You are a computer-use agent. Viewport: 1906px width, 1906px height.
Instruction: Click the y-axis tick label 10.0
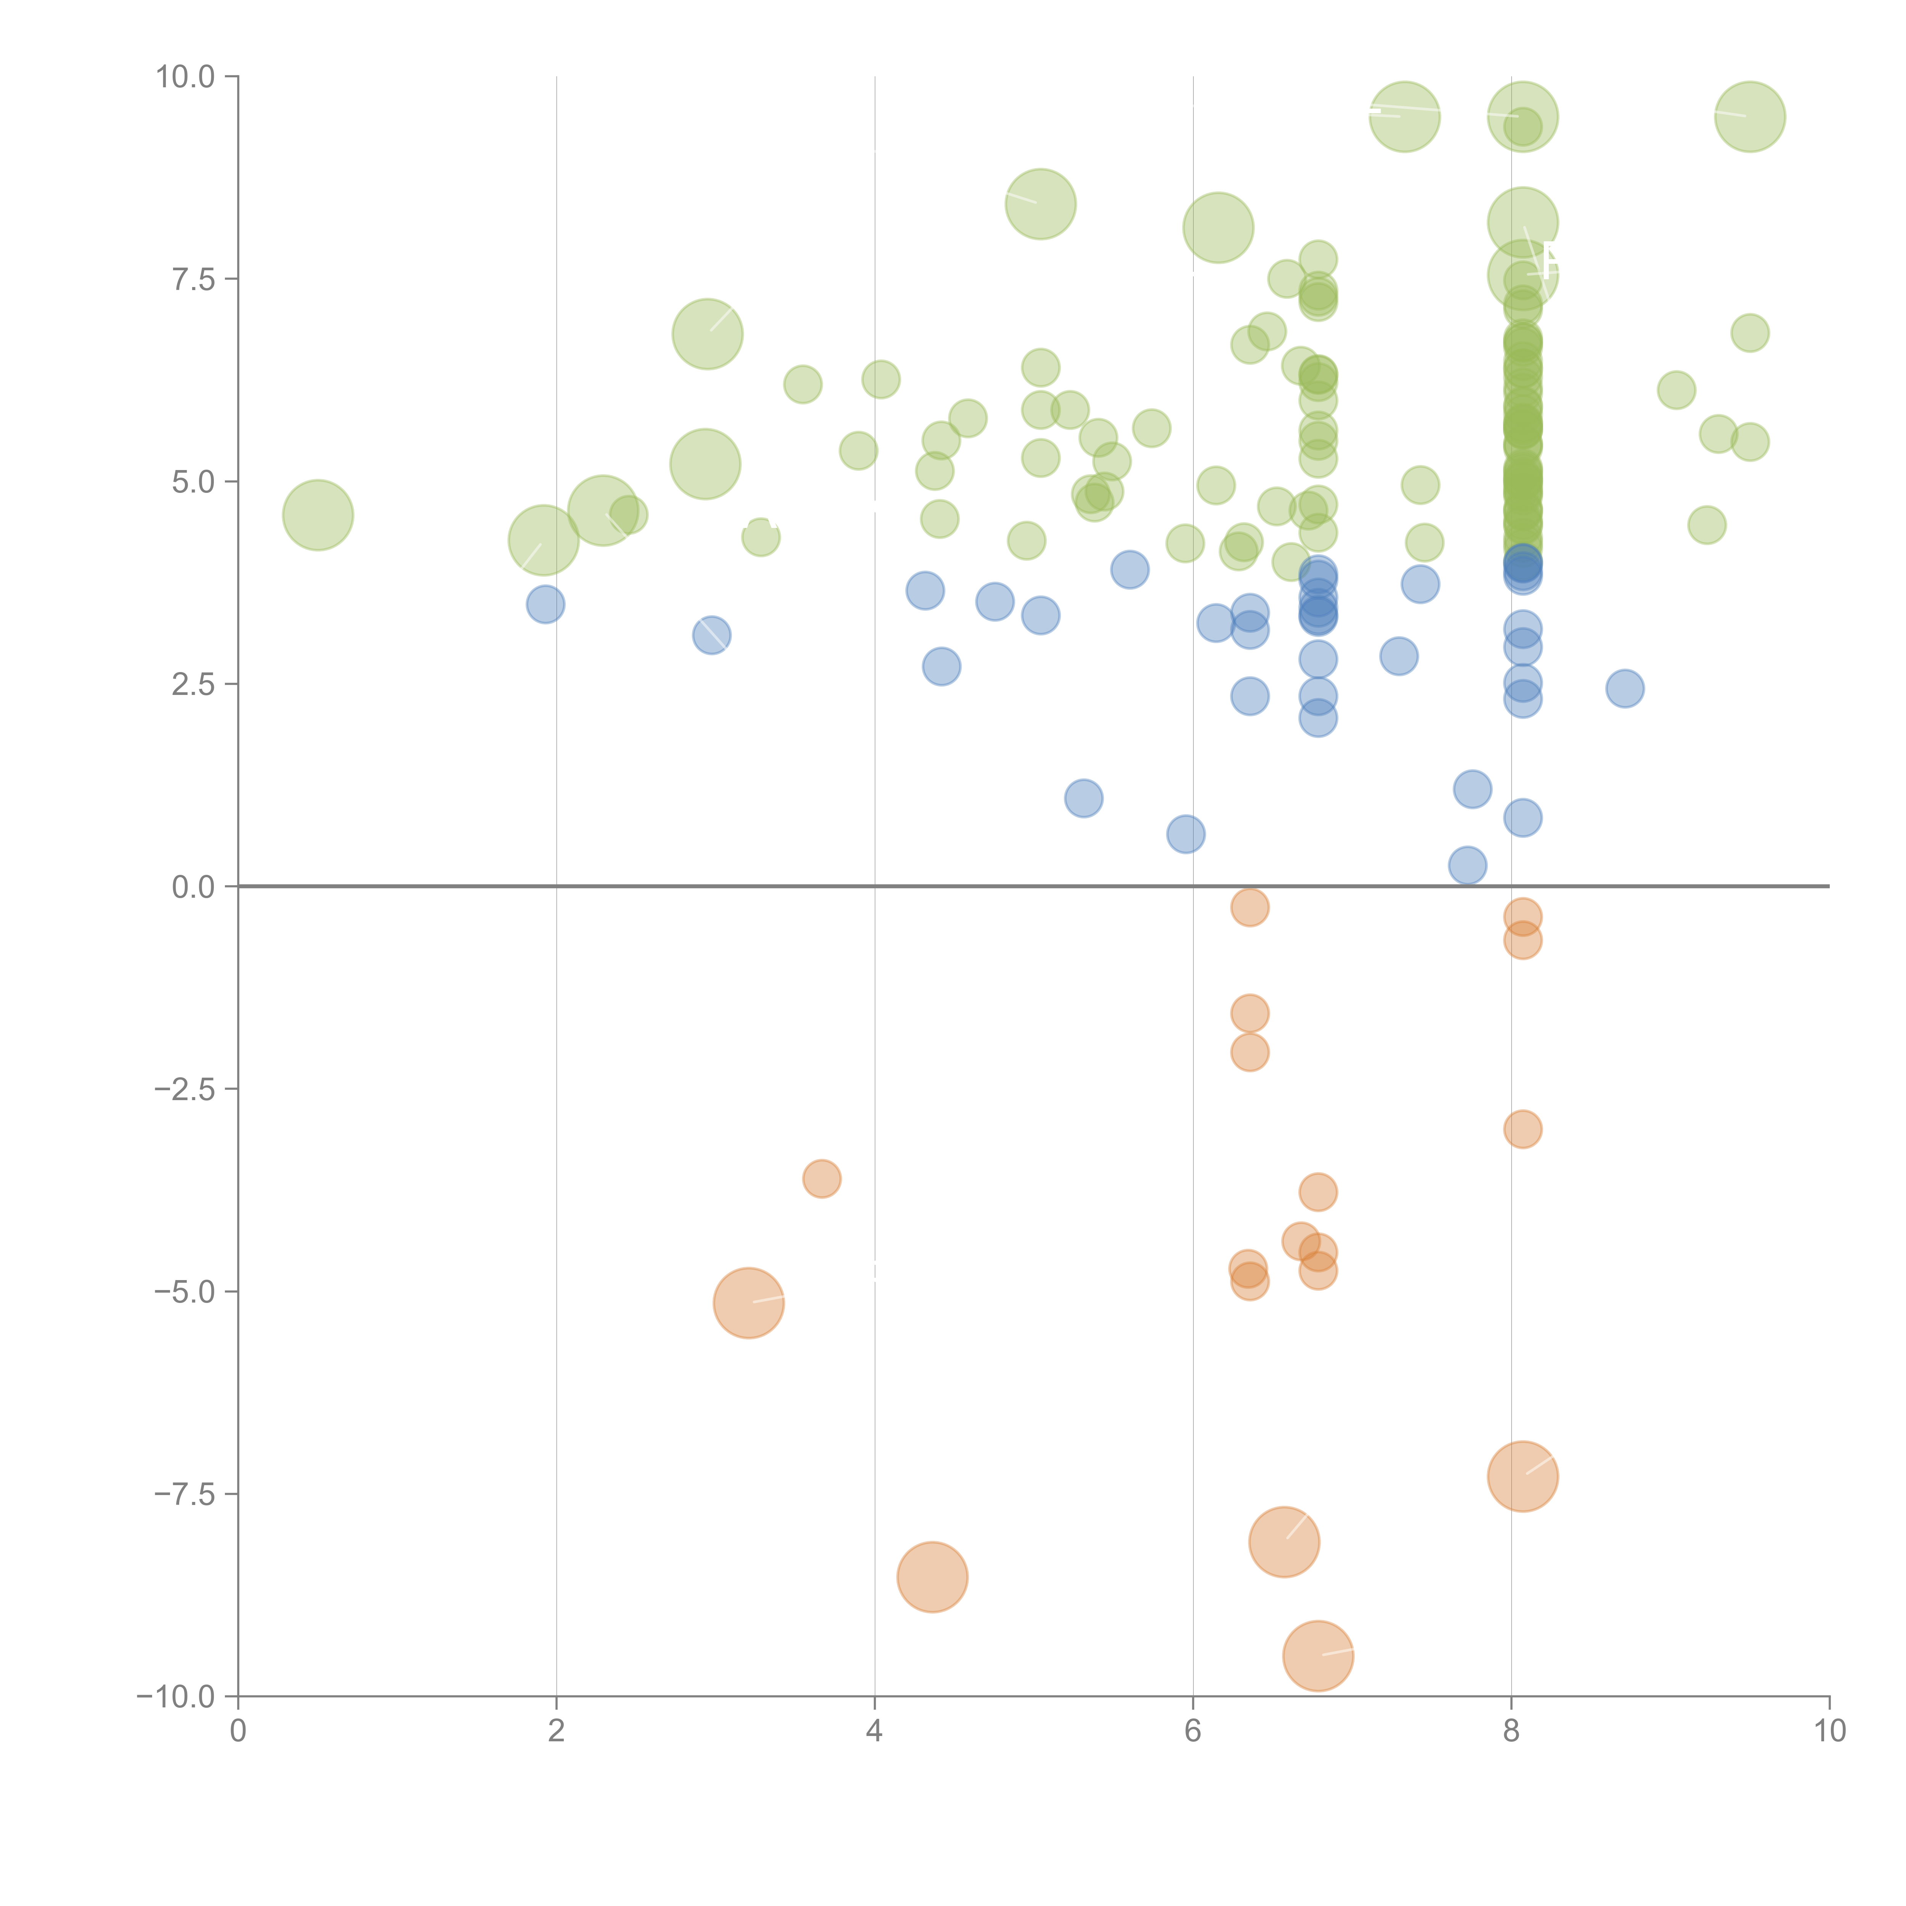point(186,77)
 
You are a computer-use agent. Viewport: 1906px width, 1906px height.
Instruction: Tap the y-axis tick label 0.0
point(193,887)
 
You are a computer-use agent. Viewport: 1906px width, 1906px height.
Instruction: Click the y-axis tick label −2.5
point(186,1089)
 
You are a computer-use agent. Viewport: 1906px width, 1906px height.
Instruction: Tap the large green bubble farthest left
point(318,515)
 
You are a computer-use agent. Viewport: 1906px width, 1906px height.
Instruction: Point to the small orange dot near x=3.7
point(822,1178)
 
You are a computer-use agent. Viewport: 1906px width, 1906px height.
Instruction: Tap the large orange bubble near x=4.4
point(932,1577)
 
